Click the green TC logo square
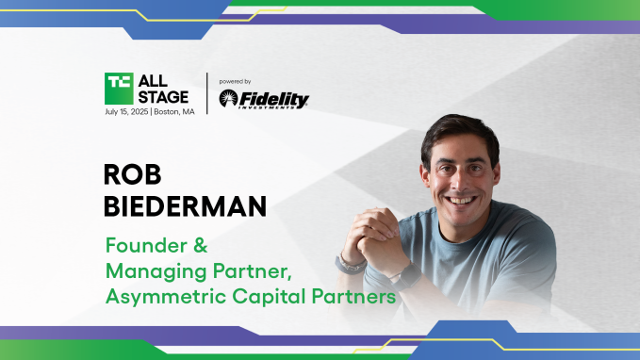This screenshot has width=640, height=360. tap(120, 86)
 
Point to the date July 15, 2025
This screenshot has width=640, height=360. tap(133, 111)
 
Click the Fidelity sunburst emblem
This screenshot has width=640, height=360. tap(229, 99)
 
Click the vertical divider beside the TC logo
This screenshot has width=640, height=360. tap(206, 93)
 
